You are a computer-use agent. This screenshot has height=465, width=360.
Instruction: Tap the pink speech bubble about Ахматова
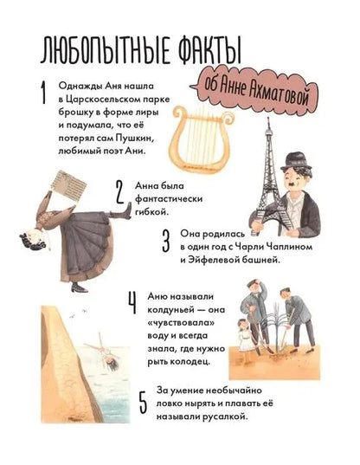coord(255,89)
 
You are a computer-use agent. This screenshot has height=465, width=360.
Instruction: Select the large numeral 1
coord(44,93)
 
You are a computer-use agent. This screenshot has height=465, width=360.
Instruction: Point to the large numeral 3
coord(166,241)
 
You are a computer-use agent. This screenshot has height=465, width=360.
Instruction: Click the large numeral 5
coord(143,403)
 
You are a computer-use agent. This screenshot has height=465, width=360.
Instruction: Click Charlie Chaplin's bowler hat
coord(296,162)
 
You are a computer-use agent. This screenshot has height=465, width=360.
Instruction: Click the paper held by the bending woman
coord(68,186)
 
